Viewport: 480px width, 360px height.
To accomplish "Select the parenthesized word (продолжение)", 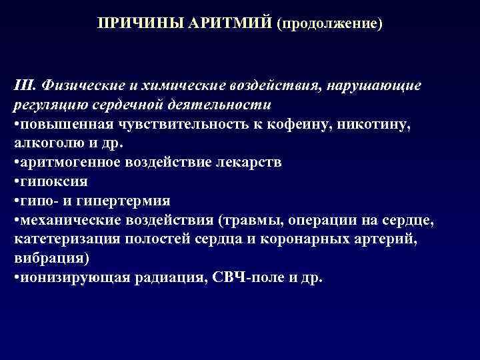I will click(331, 23).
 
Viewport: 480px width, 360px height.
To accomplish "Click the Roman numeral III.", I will click(24, 87).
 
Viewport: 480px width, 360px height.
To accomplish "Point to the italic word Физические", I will click(77, 87).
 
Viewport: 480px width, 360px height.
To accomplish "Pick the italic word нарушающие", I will click(374, 87).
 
